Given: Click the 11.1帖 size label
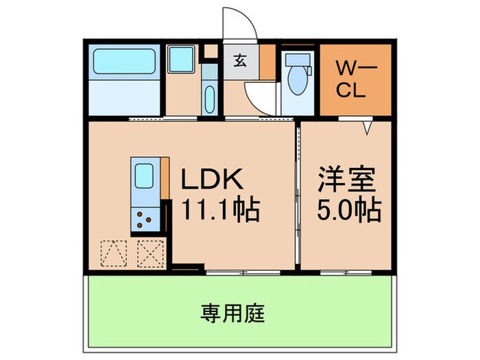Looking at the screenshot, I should (x=219, y=210).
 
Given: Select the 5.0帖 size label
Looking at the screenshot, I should (x=348, y=210).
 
